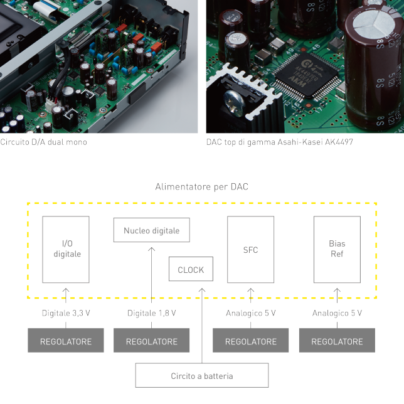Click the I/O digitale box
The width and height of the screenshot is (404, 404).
tap(66, 249)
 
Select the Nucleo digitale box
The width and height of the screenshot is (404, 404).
tap(151, 230)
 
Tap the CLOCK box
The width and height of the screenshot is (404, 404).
tap(191, 270)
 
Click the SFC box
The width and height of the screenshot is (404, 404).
tap(250, 249)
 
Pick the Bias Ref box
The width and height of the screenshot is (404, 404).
tap(337, 249)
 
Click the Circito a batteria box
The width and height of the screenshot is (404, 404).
tap(201, 376)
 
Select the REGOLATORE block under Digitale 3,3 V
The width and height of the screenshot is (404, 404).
tap(66, 341)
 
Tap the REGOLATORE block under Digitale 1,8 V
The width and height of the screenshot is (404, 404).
tap(151, 341)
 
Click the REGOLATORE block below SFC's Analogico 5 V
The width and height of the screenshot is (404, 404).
tap(250, 341)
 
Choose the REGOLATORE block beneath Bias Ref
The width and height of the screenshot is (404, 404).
tap(337, 341)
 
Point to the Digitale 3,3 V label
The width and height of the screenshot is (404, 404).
tap(66, 313)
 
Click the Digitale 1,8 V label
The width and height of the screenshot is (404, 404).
tap(151, 313)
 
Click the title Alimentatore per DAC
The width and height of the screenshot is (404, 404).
tap(201, 187)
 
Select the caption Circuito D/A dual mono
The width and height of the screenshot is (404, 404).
tap(43, 142)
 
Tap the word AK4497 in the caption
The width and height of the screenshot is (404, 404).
tap(339, 142)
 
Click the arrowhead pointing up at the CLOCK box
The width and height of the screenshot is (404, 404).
tap(202, 290)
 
